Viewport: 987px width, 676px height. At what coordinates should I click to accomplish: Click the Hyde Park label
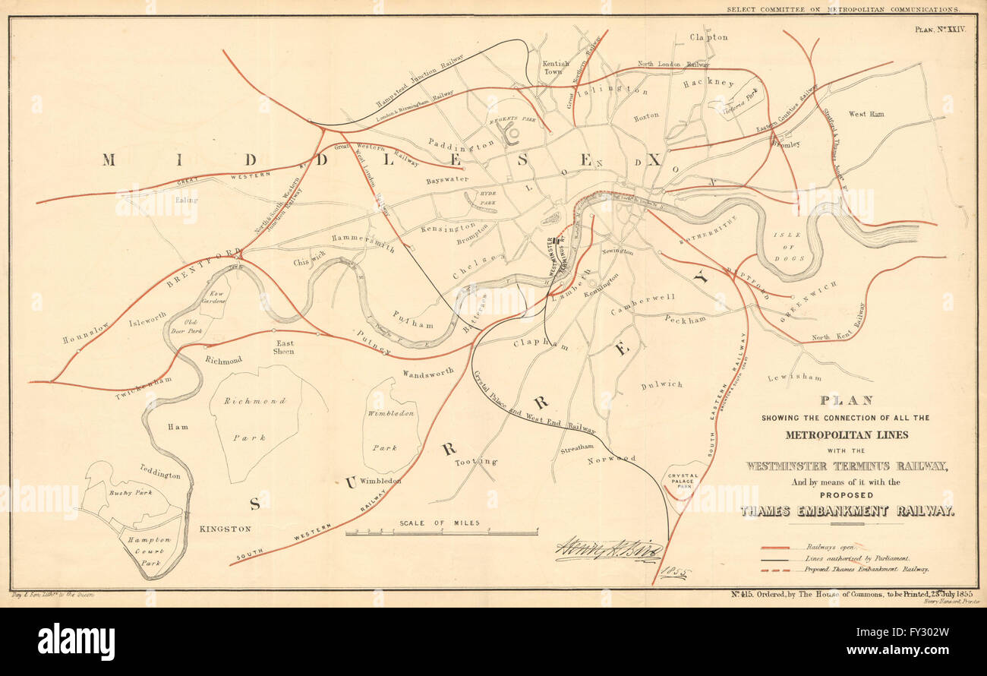click(481, 198)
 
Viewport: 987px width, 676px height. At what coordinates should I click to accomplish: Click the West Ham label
click(866, 114)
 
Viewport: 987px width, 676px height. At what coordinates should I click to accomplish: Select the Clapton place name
click(708, 37)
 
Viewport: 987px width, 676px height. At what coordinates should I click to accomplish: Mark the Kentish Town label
click(555, 68)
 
